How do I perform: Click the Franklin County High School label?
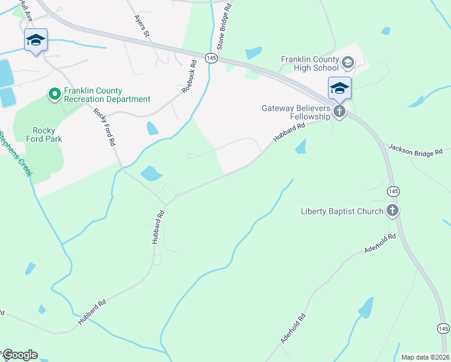[x=310, y=63]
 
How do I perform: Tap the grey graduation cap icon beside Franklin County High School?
[x=347, y=62]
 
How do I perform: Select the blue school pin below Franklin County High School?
[x=339, y=89]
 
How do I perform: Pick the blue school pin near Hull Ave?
[x=36, y=41]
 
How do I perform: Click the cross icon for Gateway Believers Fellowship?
[x=339, y=112]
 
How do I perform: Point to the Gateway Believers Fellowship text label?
[x=296, y=112]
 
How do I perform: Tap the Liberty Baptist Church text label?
[x=342, y=211]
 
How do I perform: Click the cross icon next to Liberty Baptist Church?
[x=393, y=211]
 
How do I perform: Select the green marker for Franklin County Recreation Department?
[x=54, y=94]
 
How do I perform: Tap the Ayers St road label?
[x=141, y=24]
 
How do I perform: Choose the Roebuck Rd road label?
[x=189, y=75]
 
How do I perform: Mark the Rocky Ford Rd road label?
[x=104, y=127]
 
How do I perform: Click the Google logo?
[x=19, y=355]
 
